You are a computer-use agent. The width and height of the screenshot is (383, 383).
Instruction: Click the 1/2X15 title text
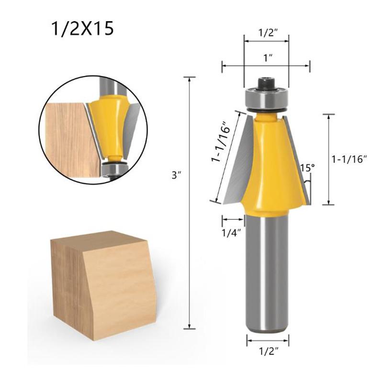pos(82,29)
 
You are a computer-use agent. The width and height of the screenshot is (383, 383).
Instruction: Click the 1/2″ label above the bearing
pos(266,34)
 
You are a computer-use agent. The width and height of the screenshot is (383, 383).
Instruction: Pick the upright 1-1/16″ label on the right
pos(349,159)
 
